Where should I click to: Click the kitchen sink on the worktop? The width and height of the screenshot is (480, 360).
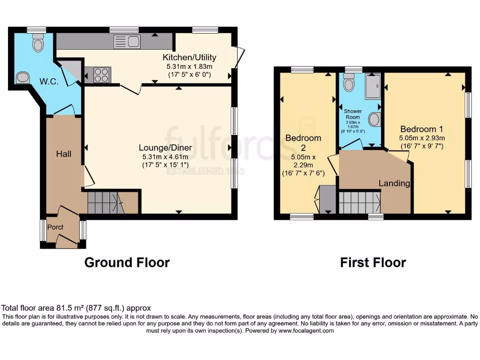127,41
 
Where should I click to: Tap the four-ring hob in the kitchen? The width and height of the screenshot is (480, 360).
102,74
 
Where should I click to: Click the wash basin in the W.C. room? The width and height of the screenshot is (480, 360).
22,77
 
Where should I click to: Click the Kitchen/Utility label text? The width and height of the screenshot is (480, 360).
189,58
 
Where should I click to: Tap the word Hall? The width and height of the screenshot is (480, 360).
64,154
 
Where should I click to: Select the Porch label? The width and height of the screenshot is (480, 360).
55,227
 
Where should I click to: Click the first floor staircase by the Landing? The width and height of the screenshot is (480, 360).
359,202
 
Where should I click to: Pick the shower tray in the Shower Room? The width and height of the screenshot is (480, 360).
374,87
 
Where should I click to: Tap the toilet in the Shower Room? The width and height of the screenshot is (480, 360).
349,83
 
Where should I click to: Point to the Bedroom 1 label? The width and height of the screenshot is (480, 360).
421,129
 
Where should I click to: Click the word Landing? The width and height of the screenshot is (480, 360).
394,183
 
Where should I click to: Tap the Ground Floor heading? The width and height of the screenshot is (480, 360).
127,262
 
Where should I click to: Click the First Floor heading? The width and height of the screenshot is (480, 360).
373,262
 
